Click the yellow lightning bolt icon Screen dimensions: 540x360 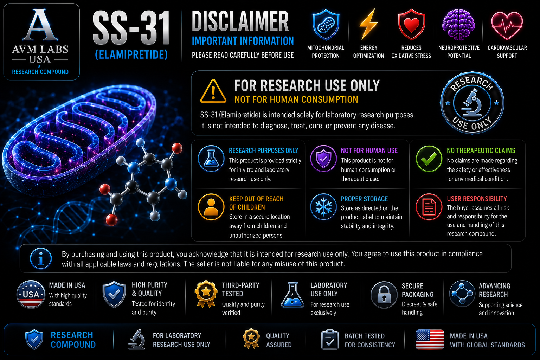coord(368,24)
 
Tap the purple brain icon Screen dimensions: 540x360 coord(458,25)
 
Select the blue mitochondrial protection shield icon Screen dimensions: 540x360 coord(326,24)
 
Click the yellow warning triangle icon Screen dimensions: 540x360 coord(213,91)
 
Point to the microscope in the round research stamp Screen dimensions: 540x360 coord(472,103)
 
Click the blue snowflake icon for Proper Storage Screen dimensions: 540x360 coord(323,207)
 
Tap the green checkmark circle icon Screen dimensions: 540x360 coord(429,159)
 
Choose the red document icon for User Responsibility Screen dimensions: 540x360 coord(429,207)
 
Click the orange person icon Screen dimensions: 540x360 coord(211,207)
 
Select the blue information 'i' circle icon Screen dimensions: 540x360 coord(41,258)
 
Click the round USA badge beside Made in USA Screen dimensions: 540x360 coord(31,294)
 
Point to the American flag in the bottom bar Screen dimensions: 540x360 coord(430,339)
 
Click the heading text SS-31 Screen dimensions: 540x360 coord(131,28)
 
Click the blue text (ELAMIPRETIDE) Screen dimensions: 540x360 coord(131,55)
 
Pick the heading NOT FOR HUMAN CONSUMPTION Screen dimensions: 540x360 coord(296,99)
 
